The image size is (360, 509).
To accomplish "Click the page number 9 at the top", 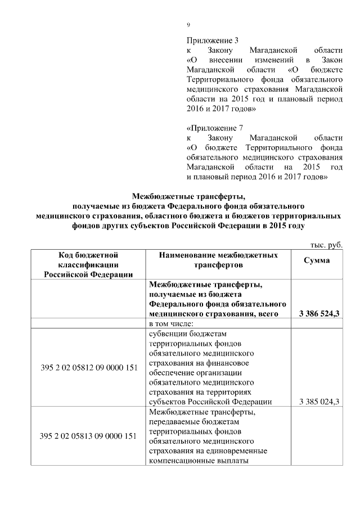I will [188, 24].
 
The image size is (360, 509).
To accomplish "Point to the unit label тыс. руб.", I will [326, 244].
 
